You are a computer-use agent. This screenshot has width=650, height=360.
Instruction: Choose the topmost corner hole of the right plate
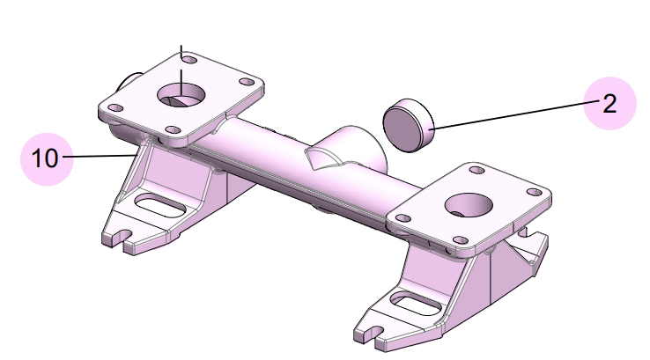[x=476, y=169]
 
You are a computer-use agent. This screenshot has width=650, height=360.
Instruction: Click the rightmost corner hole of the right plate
[x=533, y=193]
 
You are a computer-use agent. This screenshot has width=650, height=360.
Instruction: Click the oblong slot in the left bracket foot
[x=159, y=208]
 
